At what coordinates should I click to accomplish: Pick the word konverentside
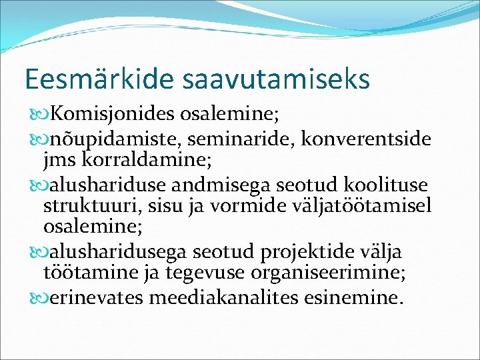[367, 139]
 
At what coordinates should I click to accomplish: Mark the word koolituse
[389, 184]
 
